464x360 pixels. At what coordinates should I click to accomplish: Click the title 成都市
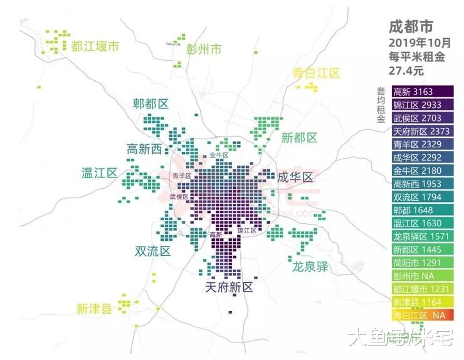410,27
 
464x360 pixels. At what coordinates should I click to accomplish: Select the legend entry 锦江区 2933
416,105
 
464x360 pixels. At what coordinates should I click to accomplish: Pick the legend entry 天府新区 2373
421,131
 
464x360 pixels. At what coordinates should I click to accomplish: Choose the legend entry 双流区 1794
416,197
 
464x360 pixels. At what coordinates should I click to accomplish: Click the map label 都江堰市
95,46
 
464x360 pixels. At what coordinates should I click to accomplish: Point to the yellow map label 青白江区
316,73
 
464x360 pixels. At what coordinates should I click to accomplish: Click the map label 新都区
299,138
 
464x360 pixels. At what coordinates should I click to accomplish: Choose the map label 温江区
99,172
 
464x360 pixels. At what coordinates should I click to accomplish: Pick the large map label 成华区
295,177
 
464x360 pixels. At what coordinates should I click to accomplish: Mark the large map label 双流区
152,251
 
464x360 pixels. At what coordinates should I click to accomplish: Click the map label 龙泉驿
310,267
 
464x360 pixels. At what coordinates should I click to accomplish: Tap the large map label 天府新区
229,288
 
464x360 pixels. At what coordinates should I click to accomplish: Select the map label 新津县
94,309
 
